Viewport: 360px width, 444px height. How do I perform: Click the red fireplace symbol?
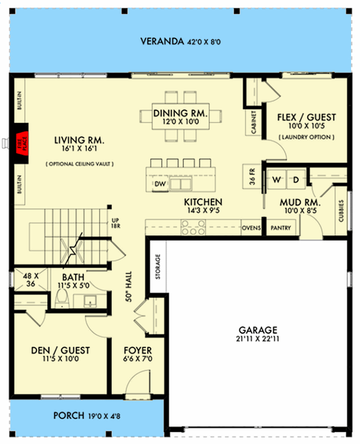(x=22, y=143)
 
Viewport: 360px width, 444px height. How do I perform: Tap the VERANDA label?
(x=162, y=42)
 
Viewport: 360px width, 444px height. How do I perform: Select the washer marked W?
(x=277, y=179)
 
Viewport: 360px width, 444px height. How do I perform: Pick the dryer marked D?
(x=296, y=179)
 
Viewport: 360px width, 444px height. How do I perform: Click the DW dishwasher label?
(x=160, y=184)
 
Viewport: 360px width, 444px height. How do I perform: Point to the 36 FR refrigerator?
(x=252, y=177)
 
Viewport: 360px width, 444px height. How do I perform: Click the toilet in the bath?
(x=63, y=300)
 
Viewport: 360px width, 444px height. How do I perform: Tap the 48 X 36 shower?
(x=30, y=280)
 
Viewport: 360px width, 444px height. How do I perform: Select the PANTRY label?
(x=281, y=228)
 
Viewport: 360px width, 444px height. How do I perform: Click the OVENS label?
(x=251, y=228)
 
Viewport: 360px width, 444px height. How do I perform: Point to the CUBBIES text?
(x=341, y=211)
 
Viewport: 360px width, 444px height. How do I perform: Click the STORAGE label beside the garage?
(x=158, y=266)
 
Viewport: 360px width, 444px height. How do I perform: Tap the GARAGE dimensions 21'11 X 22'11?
(x=258, y=339)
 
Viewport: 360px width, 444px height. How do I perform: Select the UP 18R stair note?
(x=115, y=223)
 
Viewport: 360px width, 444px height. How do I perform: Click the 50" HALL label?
(x=128, y=286)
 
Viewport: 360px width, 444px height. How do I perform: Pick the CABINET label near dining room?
(x=254, y=122)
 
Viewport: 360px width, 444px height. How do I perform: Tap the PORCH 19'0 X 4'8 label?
(x=87, y=416)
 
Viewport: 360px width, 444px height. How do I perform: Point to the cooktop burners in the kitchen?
(x=193, y=228)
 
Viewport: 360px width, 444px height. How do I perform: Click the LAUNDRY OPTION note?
(x=306, y=137)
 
